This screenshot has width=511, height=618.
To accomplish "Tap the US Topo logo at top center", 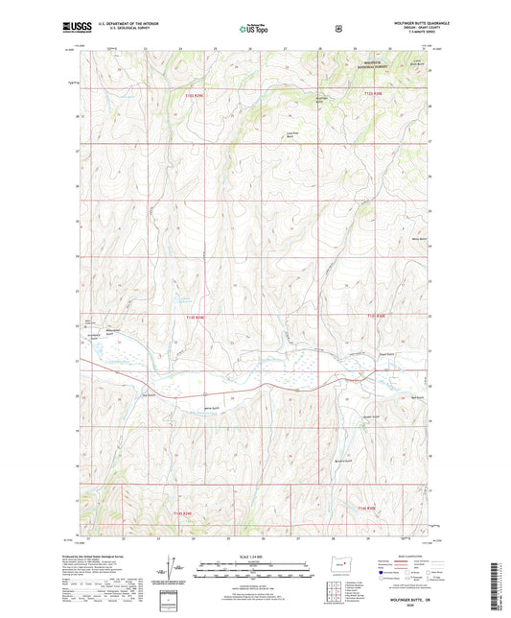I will click(x=254, y=30).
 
